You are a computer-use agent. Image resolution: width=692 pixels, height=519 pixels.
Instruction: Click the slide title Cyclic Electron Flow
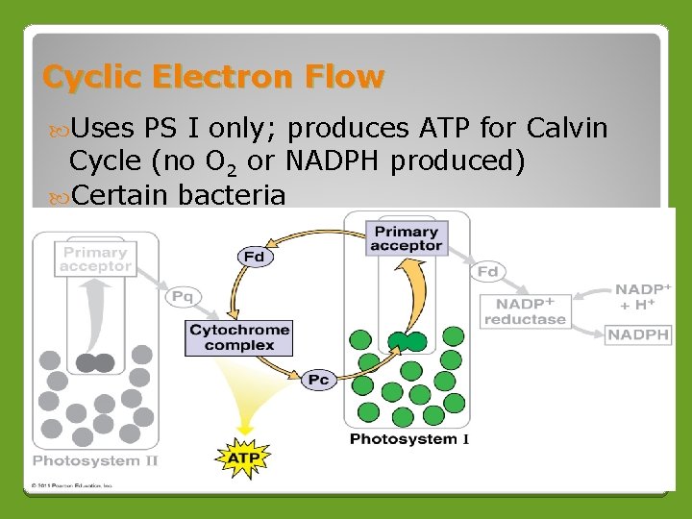click(x=212, y=77)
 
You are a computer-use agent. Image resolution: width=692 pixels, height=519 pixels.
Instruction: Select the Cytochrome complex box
click(x=239, y=337)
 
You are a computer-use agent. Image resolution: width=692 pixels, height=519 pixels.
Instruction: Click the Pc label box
click(x=318, y=380)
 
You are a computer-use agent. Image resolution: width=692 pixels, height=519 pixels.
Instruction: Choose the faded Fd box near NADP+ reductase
click(x=488, y=272)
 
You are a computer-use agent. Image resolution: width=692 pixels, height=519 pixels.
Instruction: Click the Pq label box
click(x=183, y=297)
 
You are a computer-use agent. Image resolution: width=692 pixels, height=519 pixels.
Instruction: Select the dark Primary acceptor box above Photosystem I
click(x=407, y=238)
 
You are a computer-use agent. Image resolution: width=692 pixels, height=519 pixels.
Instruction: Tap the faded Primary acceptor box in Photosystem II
click(x=95, y=259)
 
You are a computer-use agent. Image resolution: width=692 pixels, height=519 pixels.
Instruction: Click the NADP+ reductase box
click(x=525, y=310)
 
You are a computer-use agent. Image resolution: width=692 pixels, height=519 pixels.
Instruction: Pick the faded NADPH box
click(x=638, y=334)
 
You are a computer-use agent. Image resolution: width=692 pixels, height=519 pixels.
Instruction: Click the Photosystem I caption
click(x=409, y=439)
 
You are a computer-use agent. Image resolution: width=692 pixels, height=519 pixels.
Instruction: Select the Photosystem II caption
click(x=95, y=460)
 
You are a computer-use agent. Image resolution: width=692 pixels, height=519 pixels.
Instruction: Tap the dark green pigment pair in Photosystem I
click(x=407, y=341)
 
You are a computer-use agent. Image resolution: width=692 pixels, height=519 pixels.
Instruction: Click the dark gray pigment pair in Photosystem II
click(x=95, y=362)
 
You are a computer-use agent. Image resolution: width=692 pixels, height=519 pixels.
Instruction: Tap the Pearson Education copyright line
click(x=73, y=486)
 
